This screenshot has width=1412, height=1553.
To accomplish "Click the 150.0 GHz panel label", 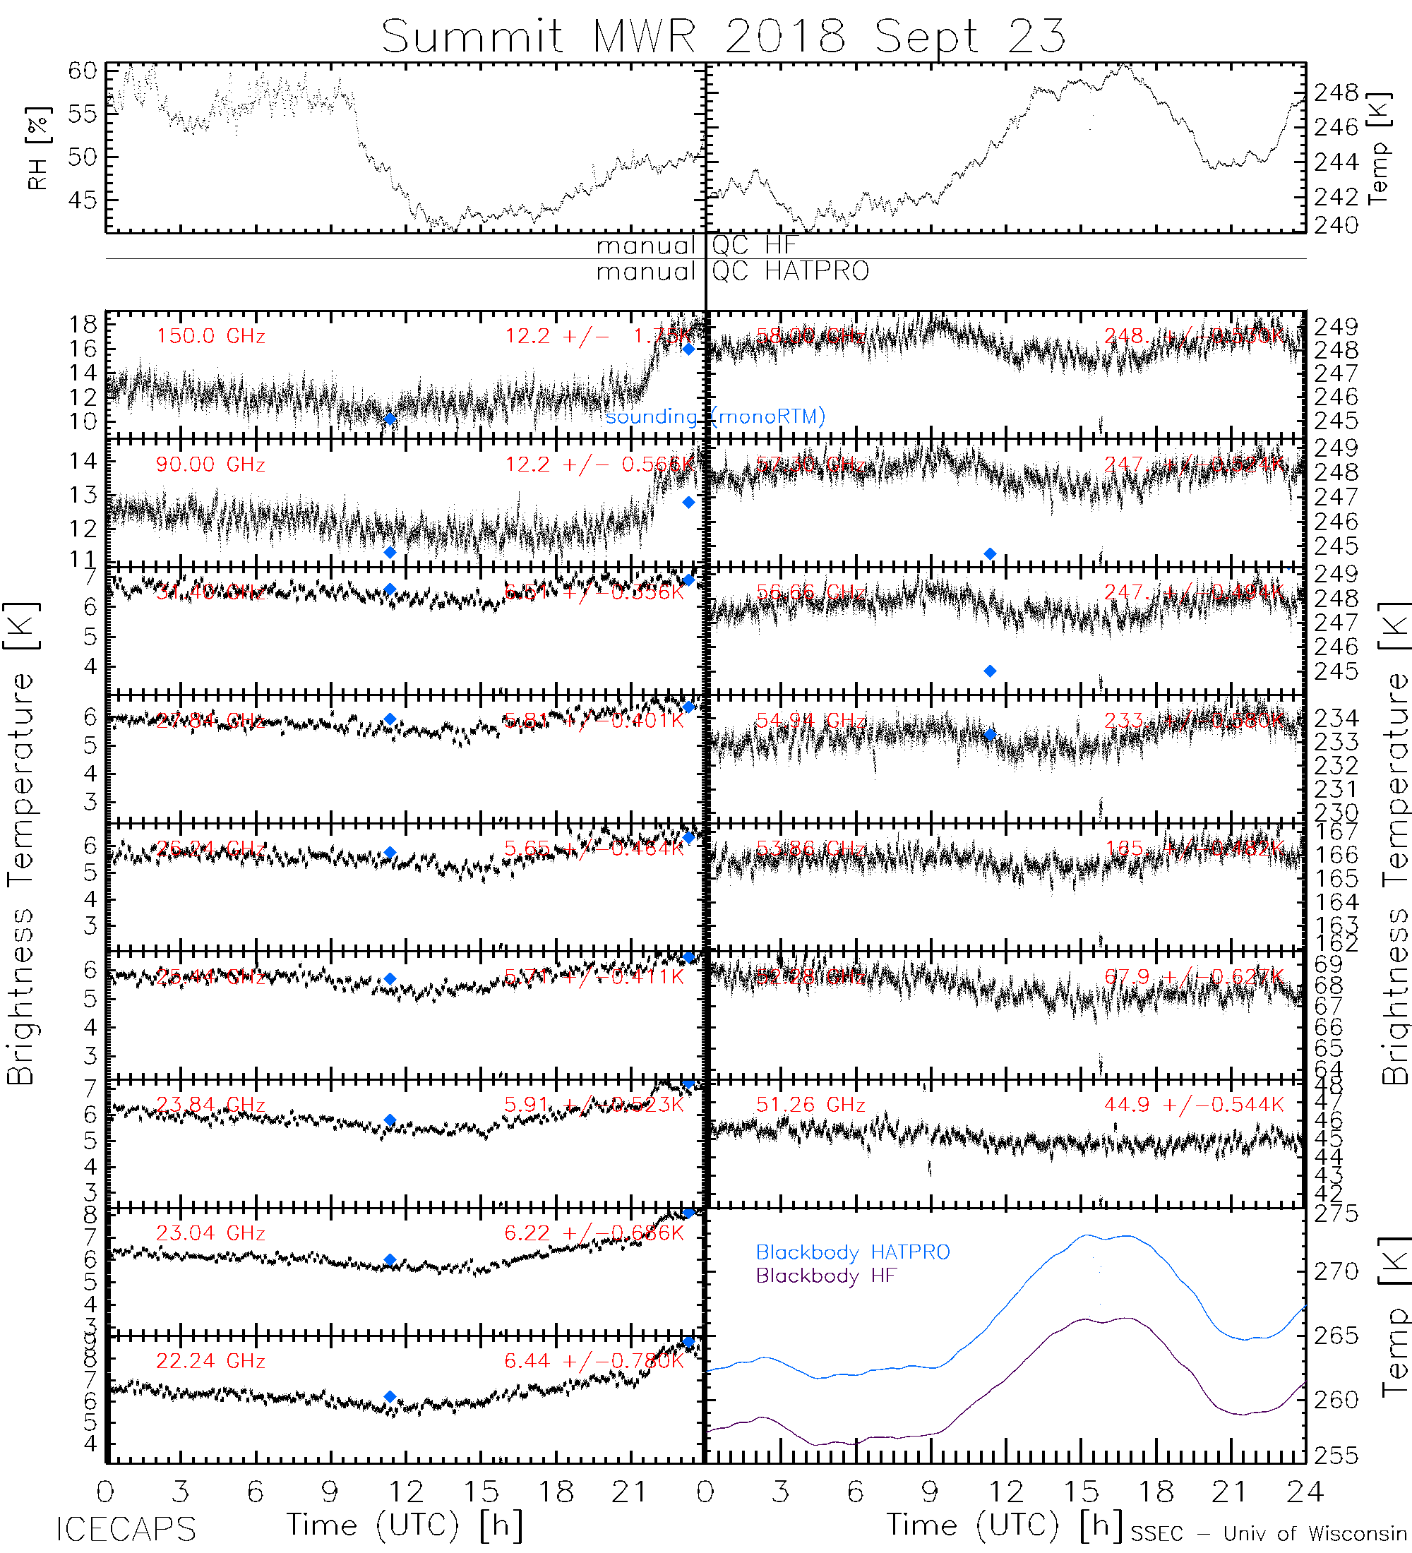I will point(210,337).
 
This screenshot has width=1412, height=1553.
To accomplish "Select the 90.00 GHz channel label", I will point(210,464).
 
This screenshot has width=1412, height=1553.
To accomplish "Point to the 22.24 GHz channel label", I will point(210,1361).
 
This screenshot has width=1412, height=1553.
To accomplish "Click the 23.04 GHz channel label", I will point(210,1233).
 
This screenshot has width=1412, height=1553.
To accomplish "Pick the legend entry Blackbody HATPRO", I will point(853,1252).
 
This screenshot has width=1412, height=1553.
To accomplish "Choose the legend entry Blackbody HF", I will point(826,1276).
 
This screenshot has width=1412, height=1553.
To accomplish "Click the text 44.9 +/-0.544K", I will point(1194,1105).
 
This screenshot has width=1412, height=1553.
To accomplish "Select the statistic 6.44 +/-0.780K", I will point(594,1361).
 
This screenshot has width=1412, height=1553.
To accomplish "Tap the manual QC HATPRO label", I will point(733,271).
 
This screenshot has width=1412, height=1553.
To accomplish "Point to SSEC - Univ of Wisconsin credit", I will point(1269,1534).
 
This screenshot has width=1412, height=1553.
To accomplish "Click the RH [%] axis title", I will point(37,148).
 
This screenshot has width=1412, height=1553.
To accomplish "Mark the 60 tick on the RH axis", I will point(83,71).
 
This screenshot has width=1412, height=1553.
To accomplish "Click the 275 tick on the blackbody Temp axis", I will point(1336,1215).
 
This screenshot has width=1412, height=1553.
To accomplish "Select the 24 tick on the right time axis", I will point(1304,1493).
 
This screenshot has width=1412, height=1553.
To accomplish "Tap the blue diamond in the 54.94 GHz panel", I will point(990,735).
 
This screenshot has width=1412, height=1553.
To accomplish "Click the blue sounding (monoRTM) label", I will point(715,416).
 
